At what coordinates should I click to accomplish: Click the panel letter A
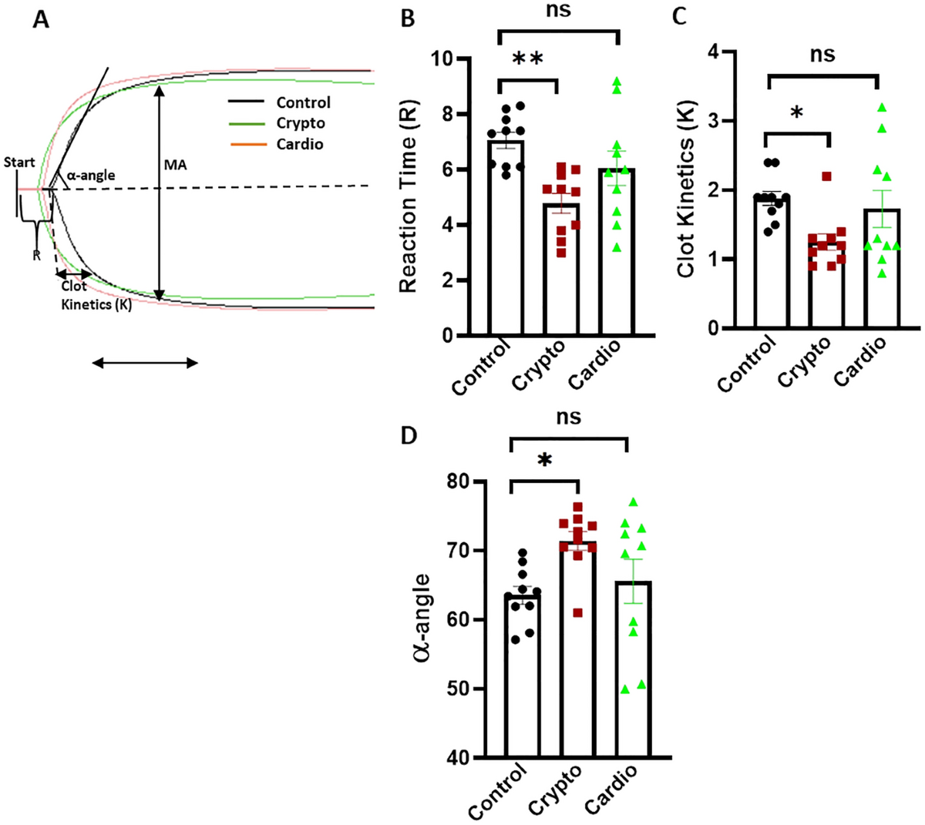pyautogui.click(x=41, y=19)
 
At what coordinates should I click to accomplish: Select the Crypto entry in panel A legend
pyautogui.click(x=301, y=123)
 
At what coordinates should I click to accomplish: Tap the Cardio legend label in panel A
pyautogui.click(x=300, y=144)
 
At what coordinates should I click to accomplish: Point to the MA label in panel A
pyautogui.click(x=175, y=165)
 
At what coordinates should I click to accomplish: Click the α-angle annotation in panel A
pyautogui.click(x=90, y=176)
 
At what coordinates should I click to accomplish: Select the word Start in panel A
pyautogui.click(x=19, y=163)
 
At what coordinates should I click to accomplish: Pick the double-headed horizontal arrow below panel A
pyautogui.click(x=145, y=363)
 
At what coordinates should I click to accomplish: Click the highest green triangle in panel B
pyautogui.click(x=617, y=80)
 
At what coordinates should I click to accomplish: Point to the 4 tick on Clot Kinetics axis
pyautogui.click(x=713, y=52)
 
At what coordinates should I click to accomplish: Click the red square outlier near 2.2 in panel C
pyautogui.click(x=826, y=176)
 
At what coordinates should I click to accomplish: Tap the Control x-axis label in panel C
pyautogui.click(x=747, y=367)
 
